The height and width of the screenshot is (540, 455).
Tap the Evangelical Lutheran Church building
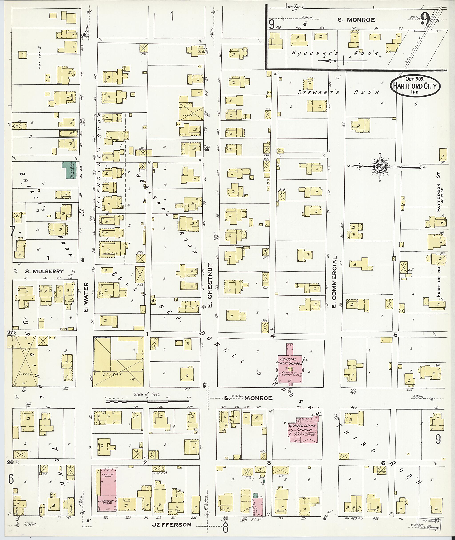click(x=303, y=430)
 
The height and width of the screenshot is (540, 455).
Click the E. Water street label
click(x=86, y=297)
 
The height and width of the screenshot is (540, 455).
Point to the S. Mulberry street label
click(x=44, y=271)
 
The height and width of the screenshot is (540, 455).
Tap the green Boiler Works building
click(x=69, y=170)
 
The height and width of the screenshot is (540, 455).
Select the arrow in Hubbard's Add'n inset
click(x=327, y=61)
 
